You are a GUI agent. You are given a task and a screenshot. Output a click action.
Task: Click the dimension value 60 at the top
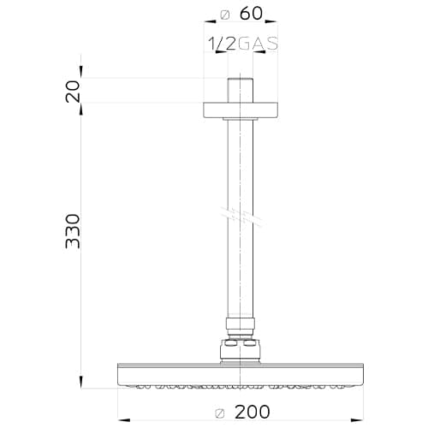click(x=251, y=14)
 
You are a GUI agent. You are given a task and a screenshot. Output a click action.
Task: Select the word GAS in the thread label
click(x=258, y=44)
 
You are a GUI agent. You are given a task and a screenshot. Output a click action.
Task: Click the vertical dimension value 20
click(x=73, y=92)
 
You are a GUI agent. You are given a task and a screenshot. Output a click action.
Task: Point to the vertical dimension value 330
click(x=73, y=231)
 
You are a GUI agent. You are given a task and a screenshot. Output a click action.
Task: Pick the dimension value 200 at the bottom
click(x=252, y=412)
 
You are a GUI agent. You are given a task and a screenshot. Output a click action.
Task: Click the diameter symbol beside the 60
click(x=225, y=15)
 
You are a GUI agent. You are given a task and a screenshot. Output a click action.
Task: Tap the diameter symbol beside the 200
click(x=220, y=413)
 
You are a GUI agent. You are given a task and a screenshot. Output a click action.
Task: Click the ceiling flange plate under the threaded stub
click(x=241, y=110)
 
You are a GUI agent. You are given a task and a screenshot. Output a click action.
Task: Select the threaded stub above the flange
click(x=241, y=90)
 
